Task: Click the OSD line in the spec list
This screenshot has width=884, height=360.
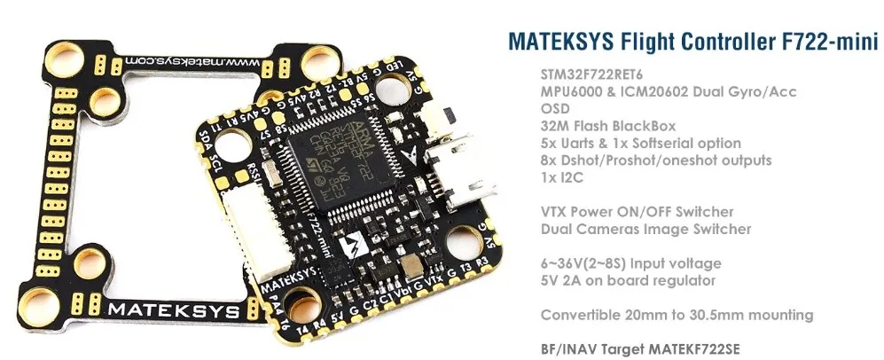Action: [x=553, y=109]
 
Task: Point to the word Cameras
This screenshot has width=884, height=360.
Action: [x=613, y=229]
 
